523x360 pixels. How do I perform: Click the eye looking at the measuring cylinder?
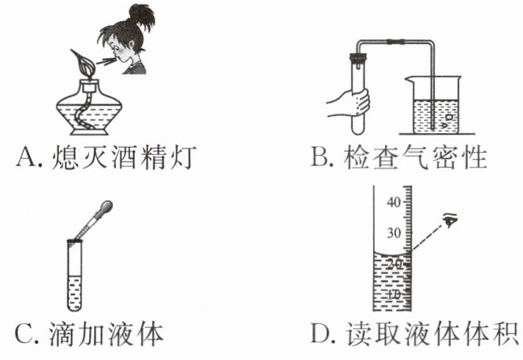pyautogui.click(x=451, y=220)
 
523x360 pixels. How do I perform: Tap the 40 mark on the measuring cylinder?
pyautogui.click(x=394, y=204)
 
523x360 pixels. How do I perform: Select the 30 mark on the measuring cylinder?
pyautogui.click(x=394, y=234)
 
